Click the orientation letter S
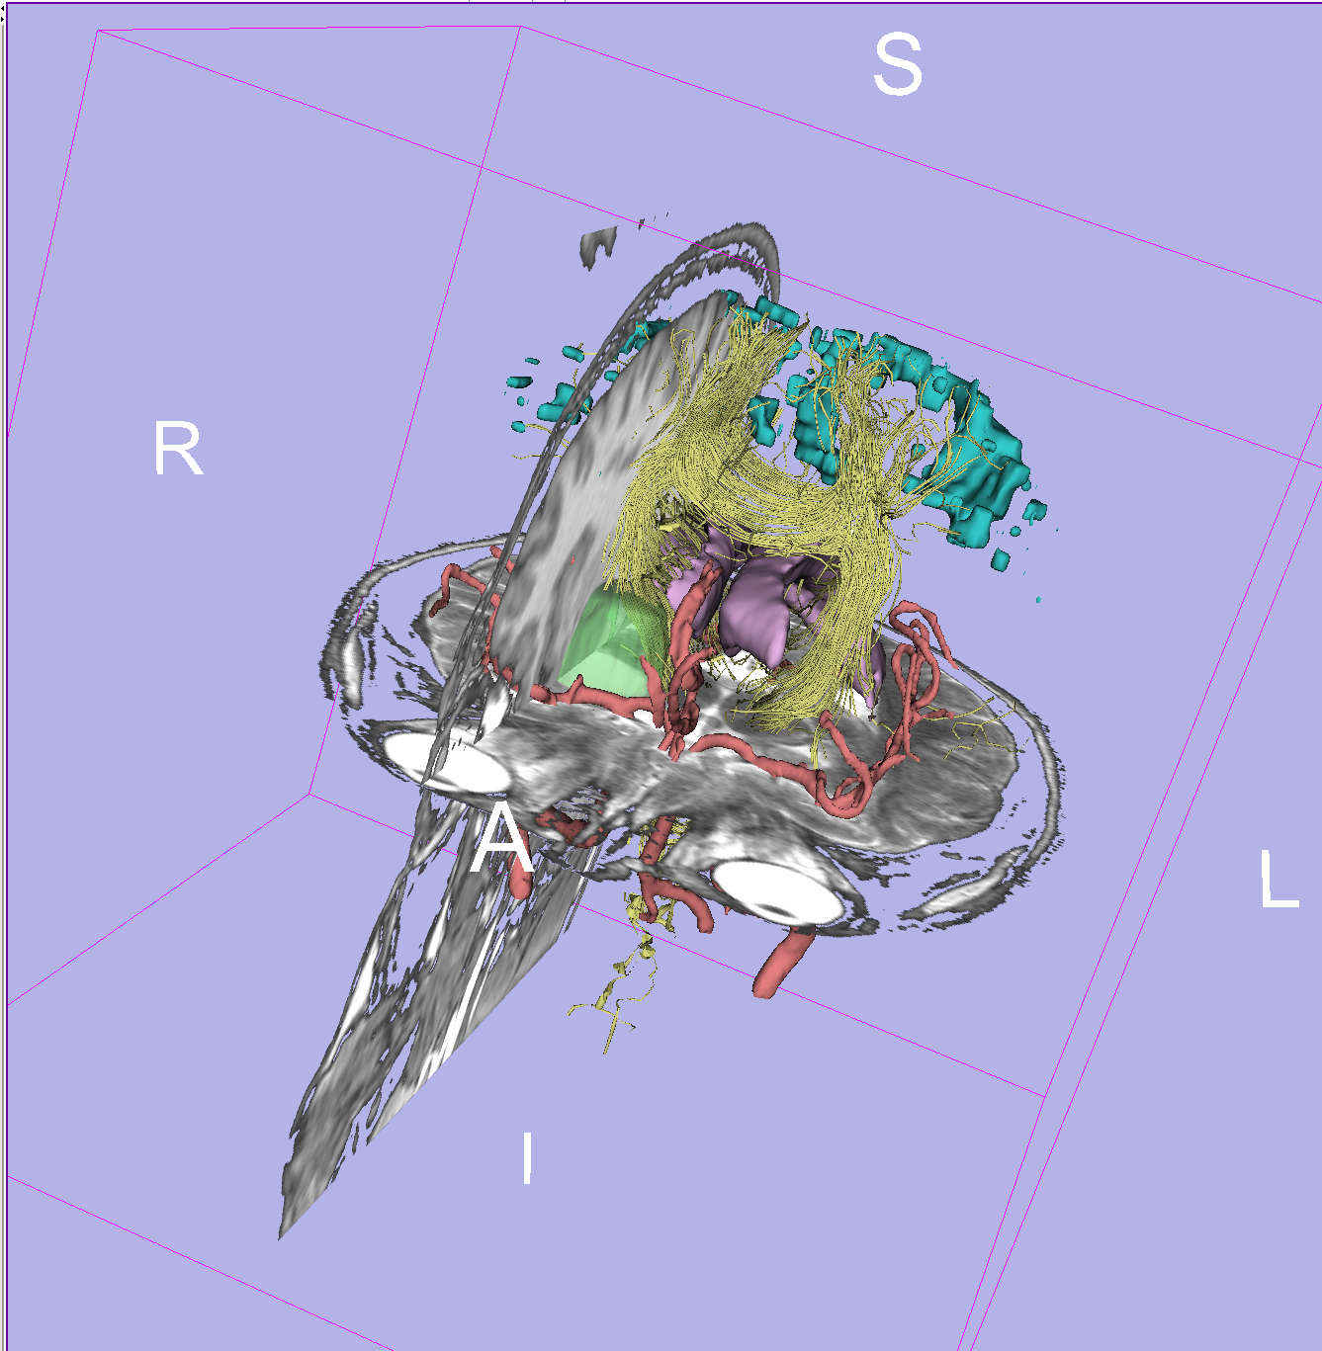[898, 64]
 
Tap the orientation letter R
[178, 449]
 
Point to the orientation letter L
[1278, 879]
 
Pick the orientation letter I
[527, 1157]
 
